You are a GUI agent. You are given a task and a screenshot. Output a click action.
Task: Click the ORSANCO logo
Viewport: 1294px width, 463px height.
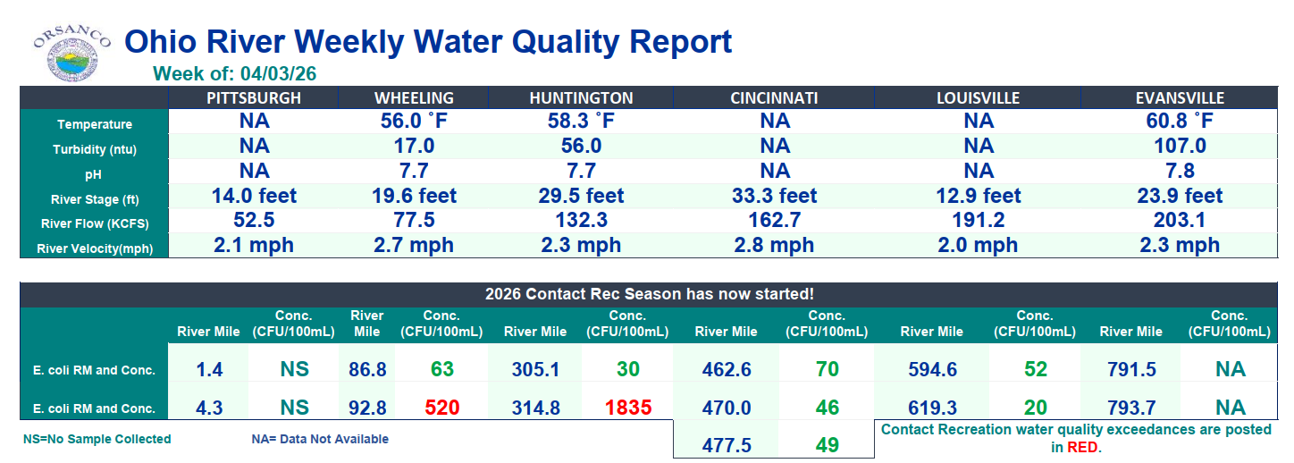point(72,51)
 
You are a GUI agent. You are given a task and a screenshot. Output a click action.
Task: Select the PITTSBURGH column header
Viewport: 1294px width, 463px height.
point(254,98)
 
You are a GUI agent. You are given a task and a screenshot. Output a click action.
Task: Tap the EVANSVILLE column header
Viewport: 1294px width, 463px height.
point(1180,98)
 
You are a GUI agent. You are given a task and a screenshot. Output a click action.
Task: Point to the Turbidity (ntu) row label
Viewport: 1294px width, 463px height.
point(94,149)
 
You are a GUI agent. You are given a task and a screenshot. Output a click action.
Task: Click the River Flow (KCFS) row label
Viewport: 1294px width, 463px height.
point(94,223)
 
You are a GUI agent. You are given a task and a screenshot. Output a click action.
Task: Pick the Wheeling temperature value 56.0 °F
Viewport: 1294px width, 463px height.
point(414,122)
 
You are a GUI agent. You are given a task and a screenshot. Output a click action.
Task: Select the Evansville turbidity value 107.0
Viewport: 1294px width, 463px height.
point(1180,146)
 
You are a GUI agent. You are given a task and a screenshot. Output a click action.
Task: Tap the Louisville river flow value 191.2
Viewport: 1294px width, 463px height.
point(979,220)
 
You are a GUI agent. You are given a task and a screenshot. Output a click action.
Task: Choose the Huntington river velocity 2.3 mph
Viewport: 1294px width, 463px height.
point(580,245)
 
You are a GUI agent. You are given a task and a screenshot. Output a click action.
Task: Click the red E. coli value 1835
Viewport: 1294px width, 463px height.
point(628,408)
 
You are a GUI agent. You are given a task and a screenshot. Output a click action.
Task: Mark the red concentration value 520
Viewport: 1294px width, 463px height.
point(441,408)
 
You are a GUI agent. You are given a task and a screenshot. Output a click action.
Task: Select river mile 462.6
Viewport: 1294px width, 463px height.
point(727,369)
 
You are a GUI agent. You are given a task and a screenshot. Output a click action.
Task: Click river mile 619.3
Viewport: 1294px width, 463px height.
point(931,408)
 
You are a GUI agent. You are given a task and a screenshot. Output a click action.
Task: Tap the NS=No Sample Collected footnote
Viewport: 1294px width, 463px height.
point(97,439)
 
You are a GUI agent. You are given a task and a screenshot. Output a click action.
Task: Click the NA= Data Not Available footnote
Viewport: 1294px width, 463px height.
point(320,439)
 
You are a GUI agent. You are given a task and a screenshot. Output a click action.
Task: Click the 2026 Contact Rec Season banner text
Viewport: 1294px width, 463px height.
point(649,293)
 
